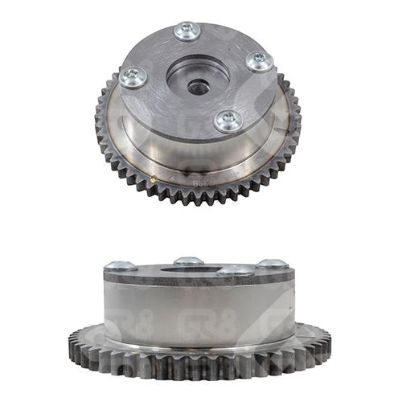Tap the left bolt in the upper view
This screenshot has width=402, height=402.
pos(133,77)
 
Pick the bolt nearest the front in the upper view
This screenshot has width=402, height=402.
pos(228,121)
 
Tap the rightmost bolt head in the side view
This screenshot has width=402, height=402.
pos(272,265)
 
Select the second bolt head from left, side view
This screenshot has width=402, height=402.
pos(188,261)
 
